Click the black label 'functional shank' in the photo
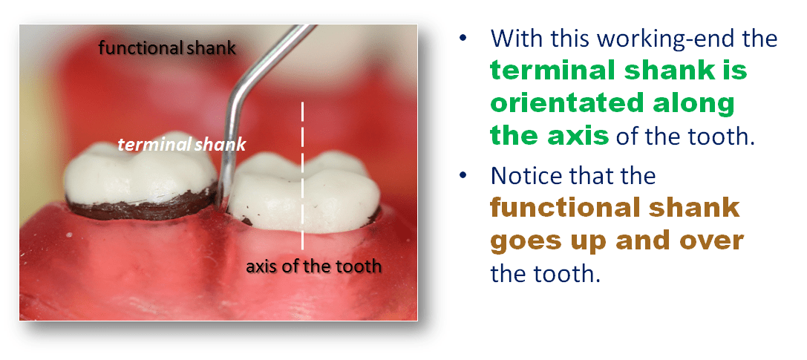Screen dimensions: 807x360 tap(167, 48)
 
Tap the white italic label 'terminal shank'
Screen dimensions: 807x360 tap(182, 145)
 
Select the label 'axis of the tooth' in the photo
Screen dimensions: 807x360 tap(313, 266)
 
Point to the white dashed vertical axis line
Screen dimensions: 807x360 tap(302, 175)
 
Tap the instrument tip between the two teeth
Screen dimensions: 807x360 tap(220, 200)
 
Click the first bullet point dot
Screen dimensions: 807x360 tap(464, 39)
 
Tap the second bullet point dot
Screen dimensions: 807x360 tap(464, 176)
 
